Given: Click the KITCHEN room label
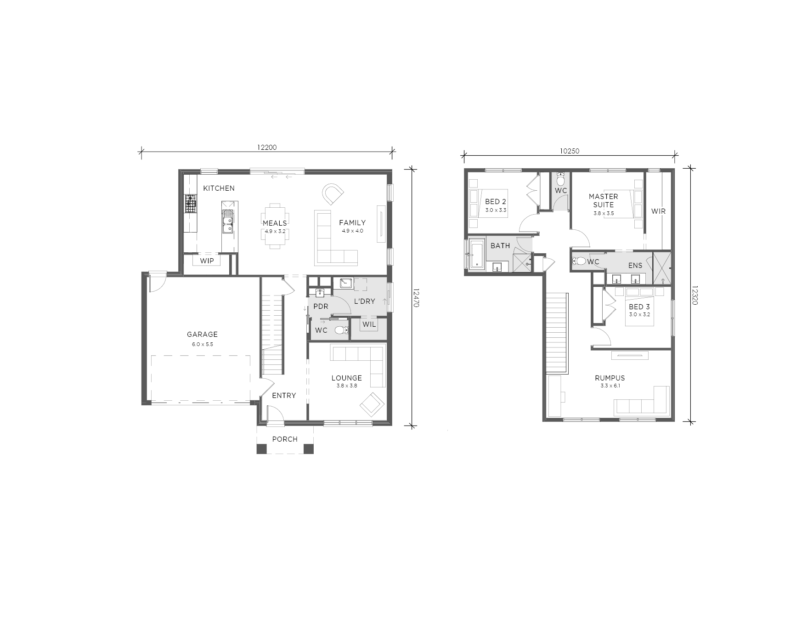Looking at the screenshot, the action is (219, 188).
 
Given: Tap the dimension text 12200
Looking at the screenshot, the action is (266, 148).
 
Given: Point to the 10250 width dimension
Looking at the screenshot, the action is (570, 151).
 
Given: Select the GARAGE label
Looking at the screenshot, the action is (202, 335).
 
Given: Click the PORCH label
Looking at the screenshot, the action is (285, 439).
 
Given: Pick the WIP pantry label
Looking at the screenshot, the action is (207, 261).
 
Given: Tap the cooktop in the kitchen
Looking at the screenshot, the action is (191, 204).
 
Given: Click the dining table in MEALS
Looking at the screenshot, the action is (275, 226).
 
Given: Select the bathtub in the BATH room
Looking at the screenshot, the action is (476, 253).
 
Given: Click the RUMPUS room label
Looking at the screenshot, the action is (610, 378).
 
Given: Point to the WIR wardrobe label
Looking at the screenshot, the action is (658, 211).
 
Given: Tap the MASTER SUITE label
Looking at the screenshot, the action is (604, 200).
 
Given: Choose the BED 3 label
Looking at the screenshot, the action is (639, 307).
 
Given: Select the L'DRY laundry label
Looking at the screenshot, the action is (365, 301).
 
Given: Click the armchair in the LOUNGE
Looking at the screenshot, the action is (372, 404).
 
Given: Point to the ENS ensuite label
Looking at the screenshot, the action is (635, 266).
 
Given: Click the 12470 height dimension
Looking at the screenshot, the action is (416, 298).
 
